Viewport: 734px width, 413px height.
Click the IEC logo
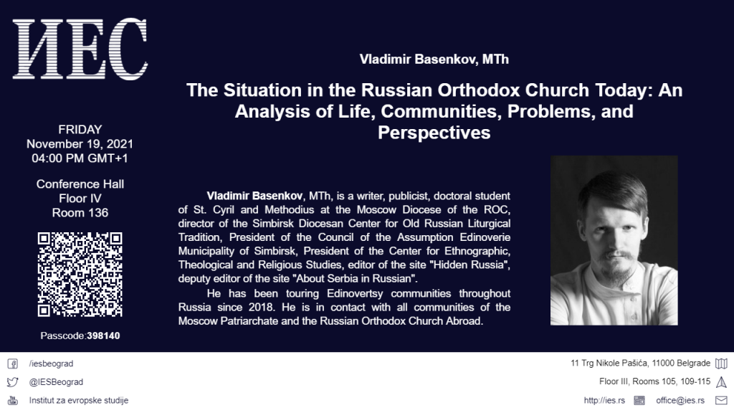click(x=80, y=49)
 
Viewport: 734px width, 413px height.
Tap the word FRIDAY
click(x=80, y=129)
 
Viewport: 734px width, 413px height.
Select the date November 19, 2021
click(x=80, y=143)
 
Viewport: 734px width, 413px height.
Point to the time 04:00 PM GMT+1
click(x=80, y=158)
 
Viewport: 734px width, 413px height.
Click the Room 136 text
click(x=80, y=212)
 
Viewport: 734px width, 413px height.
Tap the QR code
click(x=80, y=275)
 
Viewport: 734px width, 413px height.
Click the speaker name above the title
click(x=434, y=60)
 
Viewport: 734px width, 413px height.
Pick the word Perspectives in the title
click(x=434, y=133)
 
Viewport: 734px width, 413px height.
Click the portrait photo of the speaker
click(x=614, y=240)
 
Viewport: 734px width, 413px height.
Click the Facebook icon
click(x=13, y=364)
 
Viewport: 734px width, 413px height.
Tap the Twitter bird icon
click(x=13, y=382)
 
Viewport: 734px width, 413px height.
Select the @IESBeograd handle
click(x=56, y=382)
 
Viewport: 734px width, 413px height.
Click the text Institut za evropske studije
click(x=79, y=400)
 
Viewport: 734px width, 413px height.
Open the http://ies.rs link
click(x=604, y=400)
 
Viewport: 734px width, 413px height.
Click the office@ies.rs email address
click(x=680, y=400)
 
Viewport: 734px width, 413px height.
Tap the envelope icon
click(x=721, y=400)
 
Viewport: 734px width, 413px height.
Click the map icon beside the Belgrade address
click(x=721, y=364)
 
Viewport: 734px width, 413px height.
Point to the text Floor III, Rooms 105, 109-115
click(x=655, y=381)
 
